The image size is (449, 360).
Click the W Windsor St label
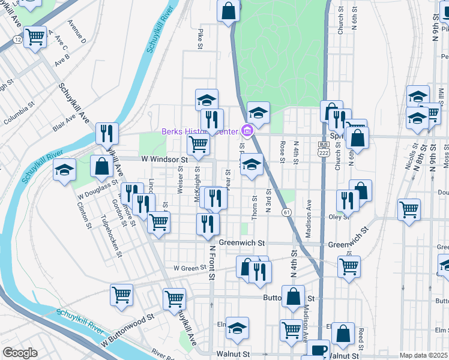pos(164,160)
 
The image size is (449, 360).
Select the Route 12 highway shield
pos(17,39)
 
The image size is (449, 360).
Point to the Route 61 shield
pos(286,212)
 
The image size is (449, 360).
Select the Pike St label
pos(200,37)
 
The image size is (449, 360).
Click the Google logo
pos(20,353)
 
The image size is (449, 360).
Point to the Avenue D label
pos(77,32)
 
